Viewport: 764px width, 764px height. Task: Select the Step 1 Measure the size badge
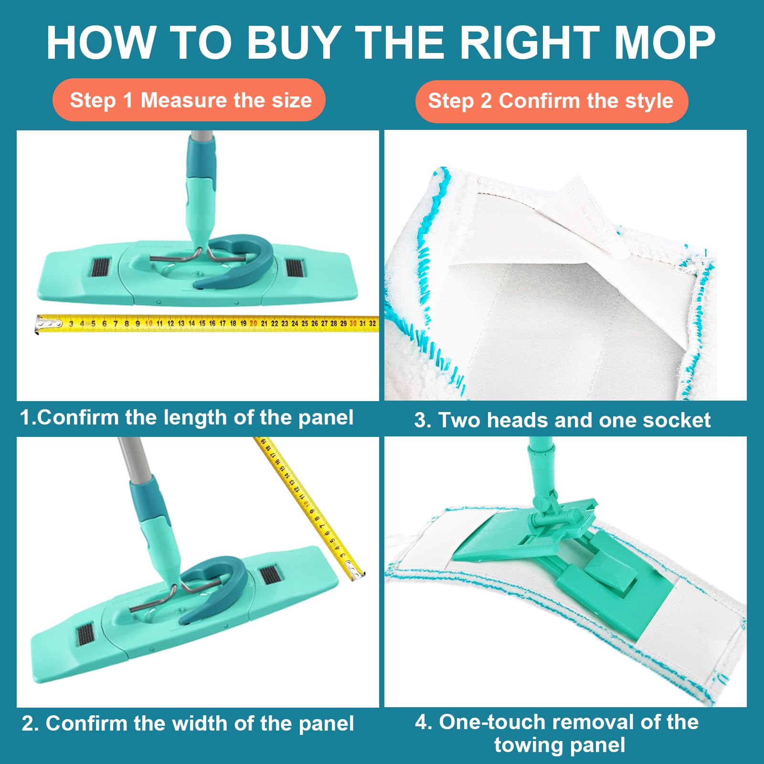click(x=189, y=100)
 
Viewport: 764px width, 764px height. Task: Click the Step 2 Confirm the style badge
click(x=552, y=101)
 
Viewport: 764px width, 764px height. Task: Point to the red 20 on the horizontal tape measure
click(x=253, y=323)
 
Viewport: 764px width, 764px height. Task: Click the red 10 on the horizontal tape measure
click(x=149, y=323)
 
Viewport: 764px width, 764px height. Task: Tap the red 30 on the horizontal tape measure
click(x=353, y=323)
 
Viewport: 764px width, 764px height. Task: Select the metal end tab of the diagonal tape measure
click(x=355, y=571)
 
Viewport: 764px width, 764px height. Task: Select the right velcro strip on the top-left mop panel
click(x=295, y=268)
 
